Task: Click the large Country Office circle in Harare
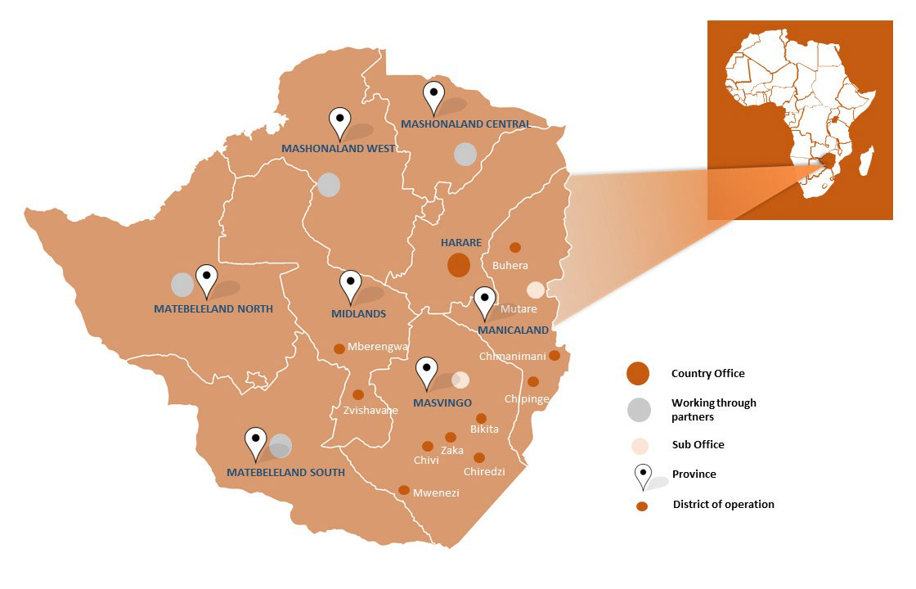458,265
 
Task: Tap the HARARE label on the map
461,243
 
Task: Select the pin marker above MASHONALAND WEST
339,124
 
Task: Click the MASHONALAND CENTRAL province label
465,124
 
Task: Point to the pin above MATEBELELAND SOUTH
256,443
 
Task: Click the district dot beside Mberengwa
339,348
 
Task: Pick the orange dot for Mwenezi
403,490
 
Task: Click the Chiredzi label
484,472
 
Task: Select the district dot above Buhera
515,247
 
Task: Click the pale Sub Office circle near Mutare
535,290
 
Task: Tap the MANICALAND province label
513,330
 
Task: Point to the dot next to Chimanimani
555,355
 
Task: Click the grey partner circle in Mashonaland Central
465,154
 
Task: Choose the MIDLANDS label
358,313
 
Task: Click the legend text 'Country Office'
707,374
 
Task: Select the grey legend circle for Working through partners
639,409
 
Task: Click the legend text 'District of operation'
723,504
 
